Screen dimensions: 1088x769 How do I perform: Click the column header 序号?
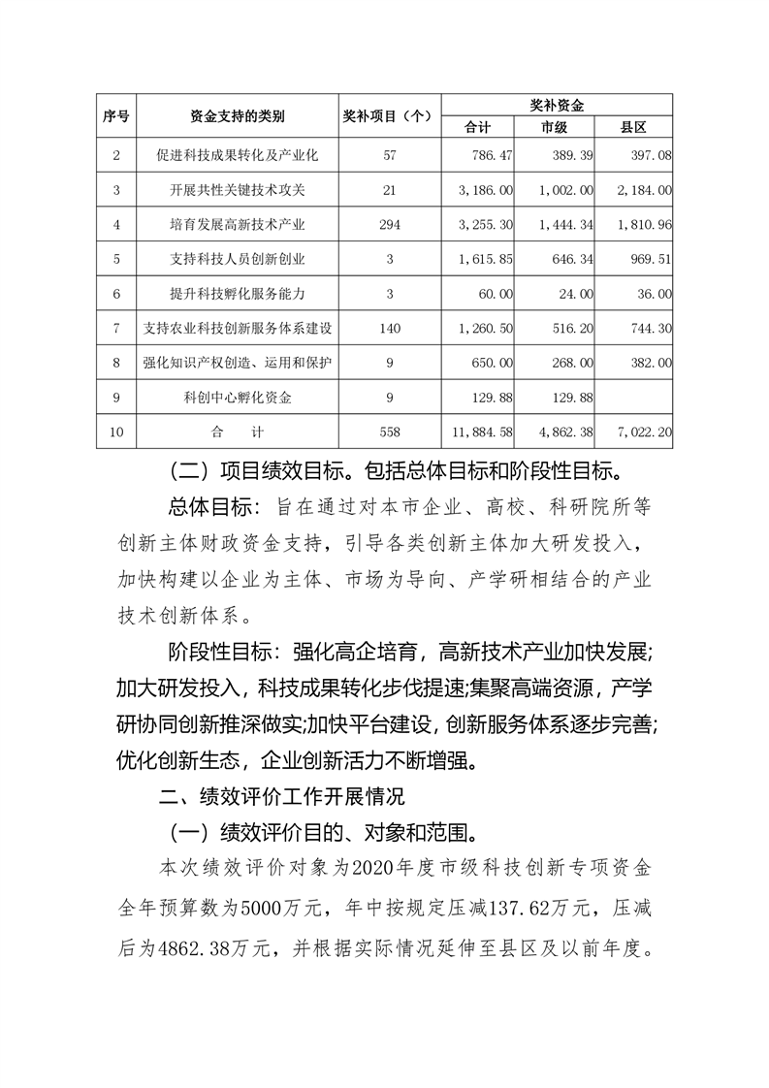coord(116,116)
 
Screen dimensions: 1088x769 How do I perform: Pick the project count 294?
coord(390,225)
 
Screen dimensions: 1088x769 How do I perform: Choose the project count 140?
coord(390,329)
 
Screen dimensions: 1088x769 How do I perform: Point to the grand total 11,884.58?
coord(482,432)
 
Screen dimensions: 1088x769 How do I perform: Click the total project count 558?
coord(390,432)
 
